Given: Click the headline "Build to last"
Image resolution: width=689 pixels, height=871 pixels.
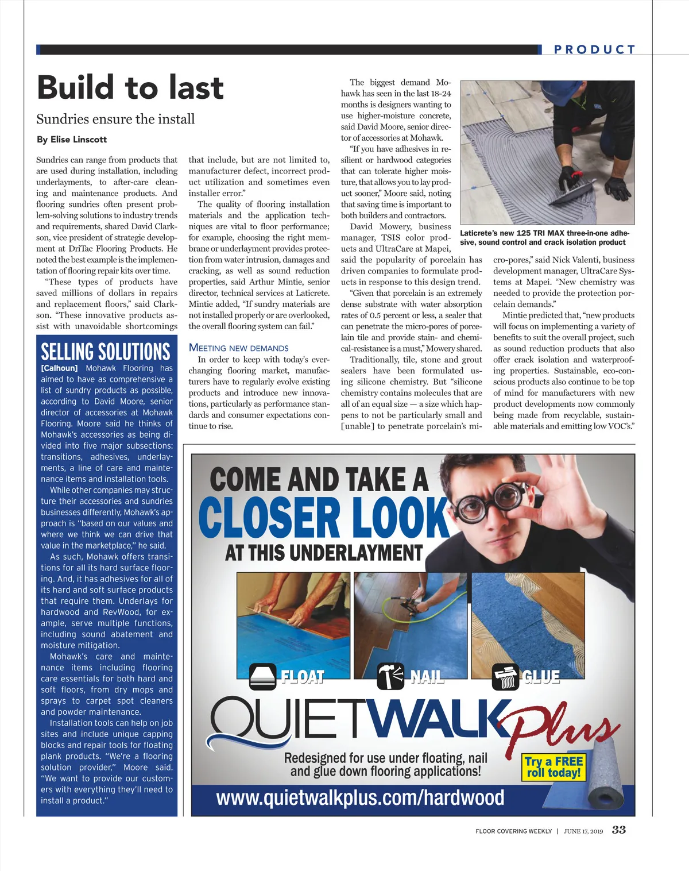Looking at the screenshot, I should [130, 88].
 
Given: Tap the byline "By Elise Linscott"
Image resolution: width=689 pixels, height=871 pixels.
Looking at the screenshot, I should [71, 140].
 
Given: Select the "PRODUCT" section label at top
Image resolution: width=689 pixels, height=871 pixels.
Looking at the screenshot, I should [594, 50].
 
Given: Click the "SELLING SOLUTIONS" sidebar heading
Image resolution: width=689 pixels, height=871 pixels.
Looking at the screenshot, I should [106, 351].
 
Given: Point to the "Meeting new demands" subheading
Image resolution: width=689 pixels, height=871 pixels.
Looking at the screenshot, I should [238, 348].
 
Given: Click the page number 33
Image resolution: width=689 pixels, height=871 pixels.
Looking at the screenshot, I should [619, 830].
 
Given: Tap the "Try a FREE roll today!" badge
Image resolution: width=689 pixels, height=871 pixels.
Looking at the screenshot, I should [553, 766].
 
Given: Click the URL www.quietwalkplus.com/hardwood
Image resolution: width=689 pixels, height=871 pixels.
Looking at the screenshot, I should [360, 797].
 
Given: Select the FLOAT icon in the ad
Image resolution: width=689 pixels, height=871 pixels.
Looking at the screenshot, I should [262, 676].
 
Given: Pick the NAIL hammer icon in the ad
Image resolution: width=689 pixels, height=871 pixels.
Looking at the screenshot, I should [390, 676].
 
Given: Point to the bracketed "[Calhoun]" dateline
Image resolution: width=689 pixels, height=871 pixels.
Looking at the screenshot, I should [59, 368].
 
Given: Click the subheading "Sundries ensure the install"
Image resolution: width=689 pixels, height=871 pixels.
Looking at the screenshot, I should [115, 119].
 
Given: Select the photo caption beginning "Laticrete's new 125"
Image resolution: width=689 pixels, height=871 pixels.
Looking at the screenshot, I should [544, 238].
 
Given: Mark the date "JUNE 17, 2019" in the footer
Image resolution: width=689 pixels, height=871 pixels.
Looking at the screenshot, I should [583, 831].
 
